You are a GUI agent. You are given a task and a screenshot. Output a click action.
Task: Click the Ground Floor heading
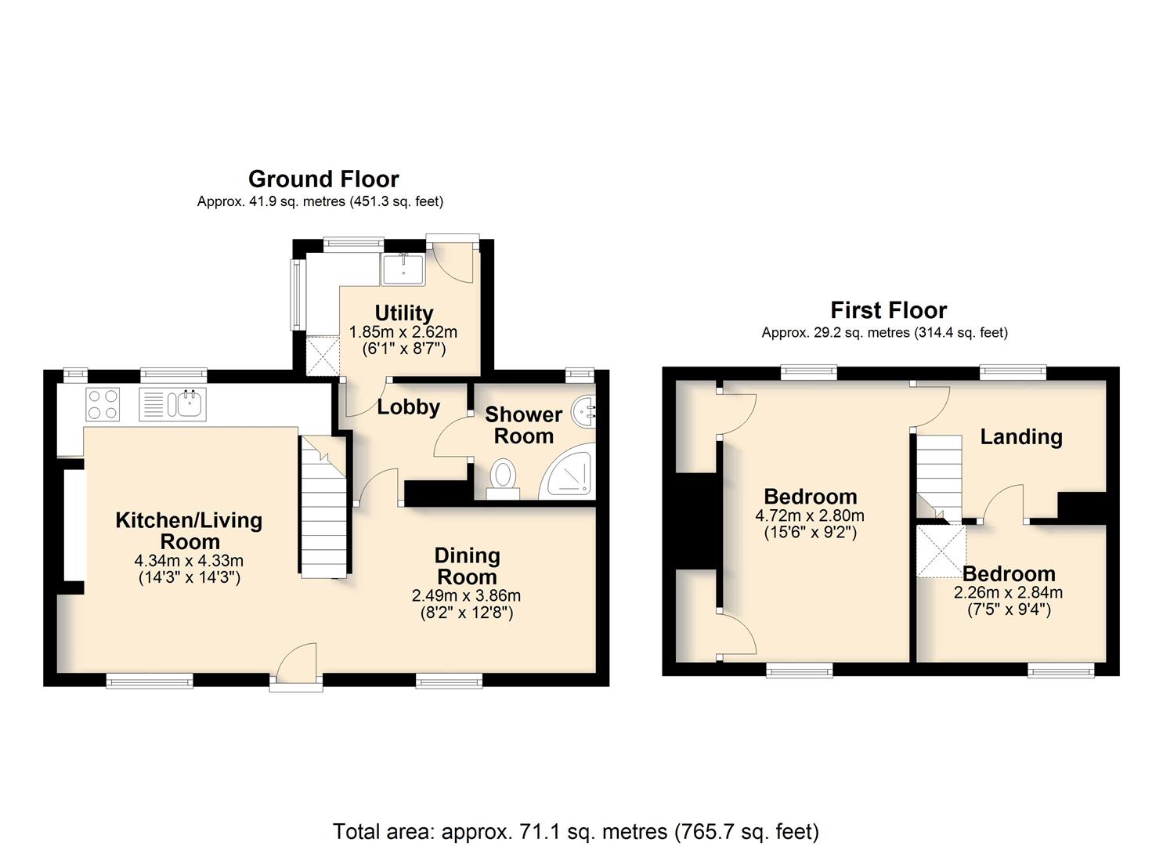(323, 179)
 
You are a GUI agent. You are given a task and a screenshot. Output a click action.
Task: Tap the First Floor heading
(888, 310)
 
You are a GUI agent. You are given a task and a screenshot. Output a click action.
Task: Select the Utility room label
(404, 313)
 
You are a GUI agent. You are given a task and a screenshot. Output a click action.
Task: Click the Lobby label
(409, 407)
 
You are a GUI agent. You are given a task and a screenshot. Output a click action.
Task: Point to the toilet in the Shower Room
(503, 479)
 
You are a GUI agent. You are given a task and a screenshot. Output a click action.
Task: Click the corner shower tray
(568, 472)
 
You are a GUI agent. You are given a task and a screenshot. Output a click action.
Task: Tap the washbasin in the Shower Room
(583, 412)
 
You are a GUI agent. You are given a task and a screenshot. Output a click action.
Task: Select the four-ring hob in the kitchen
(103, 404)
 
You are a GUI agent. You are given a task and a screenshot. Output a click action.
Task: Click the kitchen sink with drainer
(173, 404)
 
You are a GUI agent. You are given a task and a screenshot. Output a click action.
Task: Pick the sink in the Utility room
(403, 269)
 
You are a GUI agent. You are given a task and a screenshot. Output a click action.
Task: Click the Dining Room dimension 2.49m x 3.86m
(466, 595)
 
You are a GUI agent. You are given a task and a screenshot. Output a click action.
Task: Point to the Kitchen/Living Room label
(189, 530)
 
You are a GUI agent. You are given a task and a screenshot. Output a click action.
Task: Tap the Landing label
(1021, 437)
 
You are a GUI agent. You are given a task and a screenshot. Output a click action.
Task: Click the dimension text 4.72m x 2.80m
(810, 515)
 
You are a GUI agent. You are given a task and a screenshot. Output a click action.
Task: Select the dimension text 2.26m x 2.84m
(1008, 592)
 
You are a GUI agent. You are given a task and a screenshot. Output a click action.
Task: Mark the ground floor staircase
(324, 507)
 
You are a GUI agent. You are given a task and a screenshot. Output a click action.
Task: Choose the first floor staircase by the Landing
(939, 477)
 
